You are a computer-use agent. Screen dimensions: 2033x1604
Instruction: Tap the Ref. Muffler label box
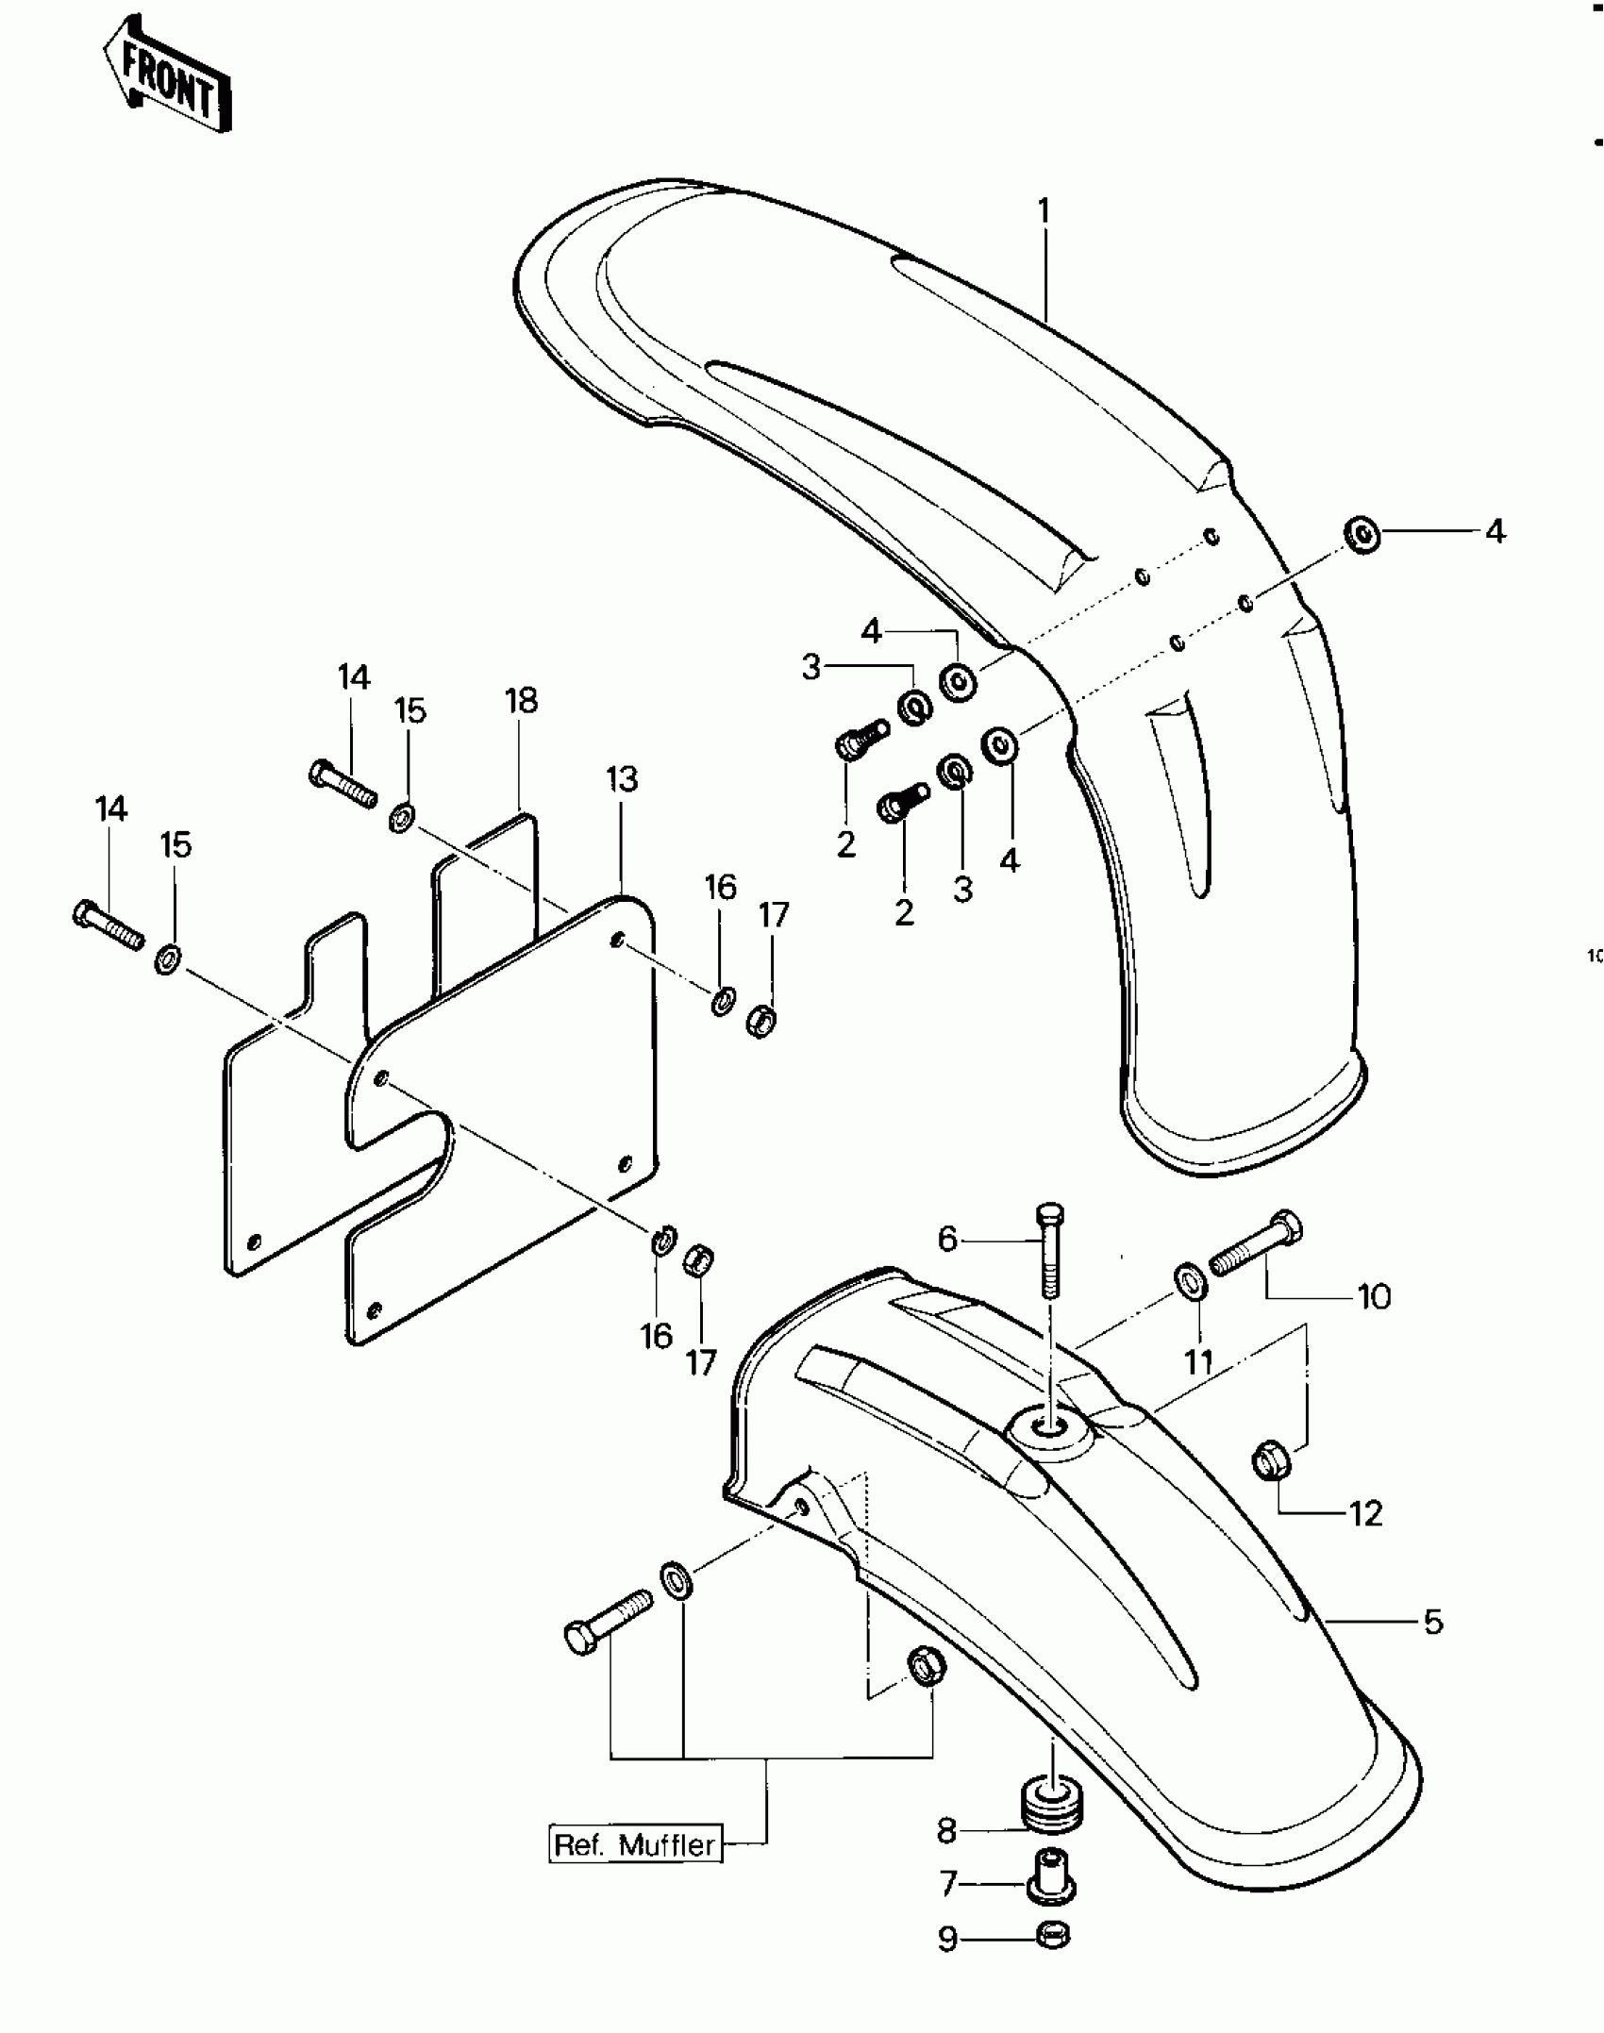coord(635,1844)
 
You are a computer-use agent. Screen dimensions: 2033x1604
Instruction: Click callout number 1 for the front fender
coord(1044,211)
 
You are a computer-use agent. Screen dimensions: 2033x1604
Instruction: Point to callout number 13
coord(622,779)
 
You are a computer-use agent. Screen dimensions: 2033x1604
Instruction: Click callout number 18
coord(521,701)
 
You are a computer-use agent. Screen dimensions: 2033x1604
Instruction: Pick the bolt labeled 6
coord(1050,1249)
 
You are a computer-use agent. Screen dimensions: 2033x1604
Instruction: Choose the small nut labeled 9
coord(1052,1936)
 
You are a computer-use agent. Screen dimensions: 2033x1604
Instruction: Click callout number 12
coord(1366,1513)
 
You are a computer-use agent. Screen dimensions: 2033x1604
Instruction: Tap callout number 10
coord(1374,1297)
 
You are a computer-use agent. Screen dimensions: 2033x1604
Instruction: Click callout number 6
coord(947,1239)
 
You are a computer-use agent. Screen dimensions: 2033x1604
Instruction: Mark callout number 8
coord(946,1830)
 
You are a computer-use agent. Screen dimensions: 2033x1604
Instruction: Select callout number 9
coord(947,1939)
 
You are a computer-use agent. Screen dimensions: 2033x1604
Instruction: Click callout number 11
coord(1198,1361)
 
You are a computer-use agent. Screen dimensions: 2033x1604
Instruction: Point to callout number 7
coord(948,1884)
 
